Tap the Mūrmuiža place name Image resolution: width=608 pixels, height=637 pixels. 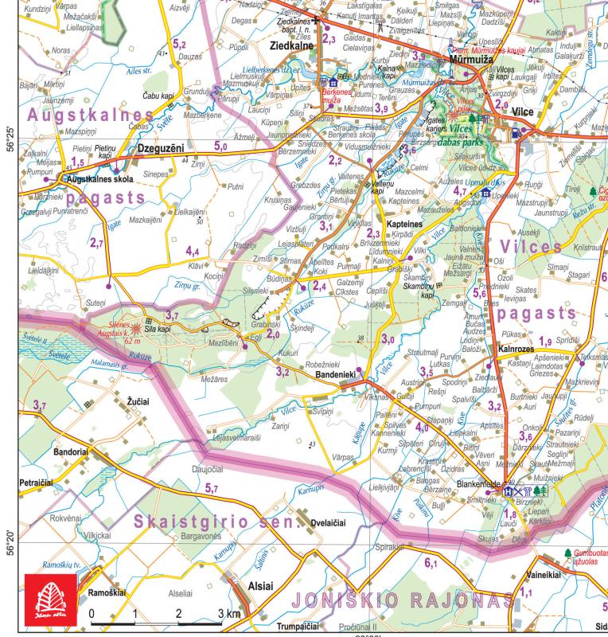[468, 60]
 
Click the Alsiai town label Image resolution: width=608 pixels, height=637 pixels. [261, 586]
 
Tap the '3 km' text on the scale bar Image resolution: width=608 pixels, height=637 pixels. [228, 615]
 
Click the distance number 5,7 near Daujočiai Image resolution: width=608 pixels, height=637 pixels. [212, 487]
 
